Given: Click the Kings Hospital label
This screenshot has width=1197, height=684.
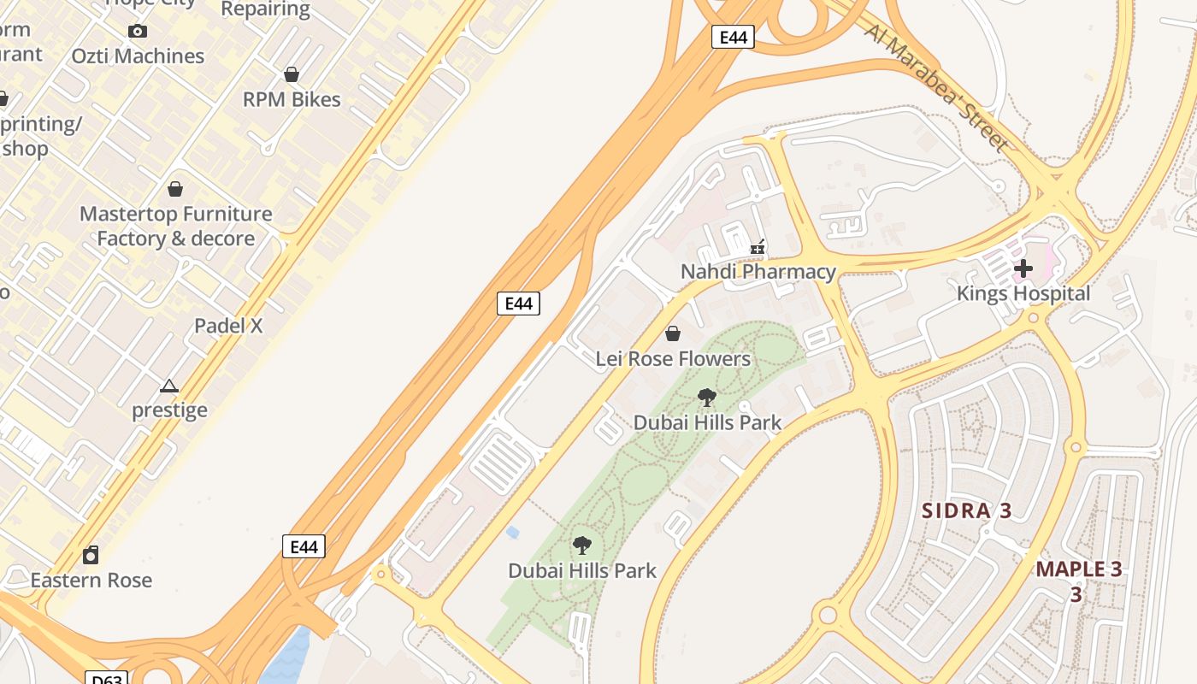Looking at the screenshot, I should [x=1023, y=293].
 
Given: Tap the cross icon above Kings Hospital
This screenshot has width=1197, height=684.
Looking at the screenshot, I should [x=1023, y=268].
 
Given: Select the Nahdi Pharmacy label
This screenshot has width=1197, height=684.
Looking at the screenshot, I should [x=758, y=272].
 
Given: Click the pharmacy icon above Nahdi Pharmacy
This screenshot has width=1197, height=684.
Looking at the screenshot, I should [x=757, y=248].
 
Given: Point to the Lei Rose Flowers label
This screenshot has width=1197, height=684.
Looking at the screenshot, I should [x=673, y=358].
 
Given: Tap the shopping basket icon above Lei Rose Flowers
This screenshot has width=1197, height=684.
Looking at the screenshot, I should [x=673, y=333].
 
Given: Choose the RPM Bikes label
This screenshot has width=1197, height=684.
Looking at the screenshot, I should [x=292, y=99].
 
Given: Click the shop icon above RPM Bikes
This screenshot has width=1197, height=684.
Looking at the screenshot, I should [x=292, y=74].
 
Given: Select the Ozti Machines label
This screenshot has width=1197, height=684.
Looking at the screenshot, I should [x=138, y=56].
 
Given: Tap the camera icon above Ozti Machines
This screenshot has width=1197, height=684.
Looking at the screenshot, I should [x=137, y=32].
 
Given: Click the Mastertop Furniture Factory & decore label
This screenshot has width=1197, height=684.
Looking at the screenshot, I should [x=175, y=226].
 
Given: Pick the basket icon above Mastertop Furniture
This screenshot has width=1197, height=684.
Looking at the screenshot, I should [x=175, y=189].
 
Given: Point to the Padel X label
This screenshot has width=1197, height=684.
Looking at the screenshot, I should [x=228, y=326].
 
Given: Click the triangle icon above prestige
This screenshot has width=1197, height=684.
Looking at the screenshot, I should [x=169, y=386].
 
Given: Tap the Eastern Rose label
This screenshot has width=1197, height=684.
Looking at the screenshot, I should [x=91, y=580].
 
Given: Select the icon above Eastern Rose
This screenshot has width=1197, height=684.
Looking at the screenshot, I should [x=91, y=556].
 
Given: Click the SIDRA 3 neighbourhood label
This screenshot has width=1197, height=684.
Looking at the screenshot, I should [x=966, y=511].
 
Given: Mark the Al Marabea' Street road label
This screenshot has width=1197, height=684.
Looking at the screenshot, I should [x=935, y=87].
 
